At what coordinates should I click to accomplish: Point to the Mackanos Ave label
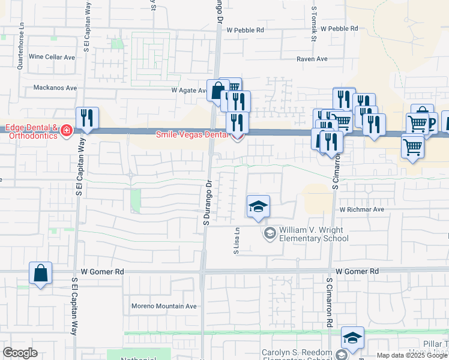click(x=55, y=88)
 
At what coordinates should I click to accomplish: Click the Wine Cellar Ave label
click(x=52, y=57)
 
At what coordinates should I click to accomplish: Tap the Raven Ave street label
click(x=312, y=59)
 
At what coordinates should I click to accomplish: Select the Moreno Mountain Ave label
click(x=164, y=306)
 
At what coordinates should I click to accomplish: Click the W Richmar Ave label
click(x=361, y=210)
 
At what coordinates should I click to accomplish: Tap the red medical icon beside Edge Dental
click(x=65, y=131)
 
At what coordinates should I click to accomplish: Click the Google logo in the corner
click(x=20, y=353)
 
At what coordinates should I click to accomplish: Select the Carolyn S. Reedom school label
click(x=297, y=353)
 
